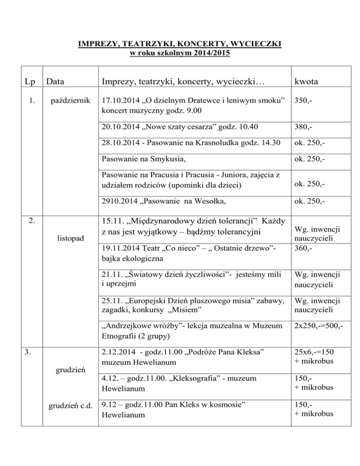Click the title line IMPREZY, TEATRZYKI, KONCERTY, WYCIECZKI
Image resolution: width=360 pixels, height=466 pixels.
click(180, 45)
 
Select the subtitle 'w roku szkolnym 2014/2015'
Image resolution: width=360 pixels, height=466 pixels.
click(180, 53)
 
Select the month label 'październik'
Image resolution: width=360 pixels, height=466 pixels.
click(67, 100)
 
